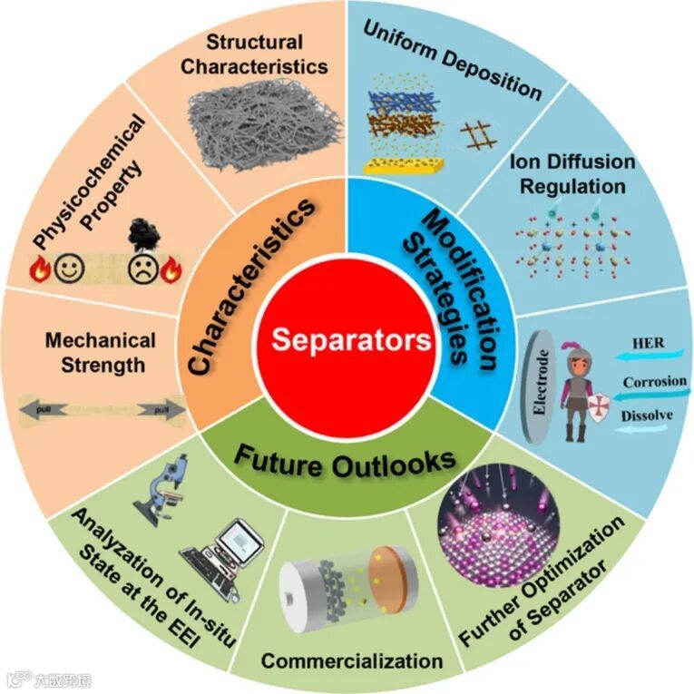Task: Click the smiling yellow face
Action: pyautogui.click(x=66, y=269)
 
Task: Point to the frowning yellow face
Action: pyautogui.click(x=142, y=269)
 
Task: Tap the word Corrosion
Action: pyautogui.click(x=654, y=382)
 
